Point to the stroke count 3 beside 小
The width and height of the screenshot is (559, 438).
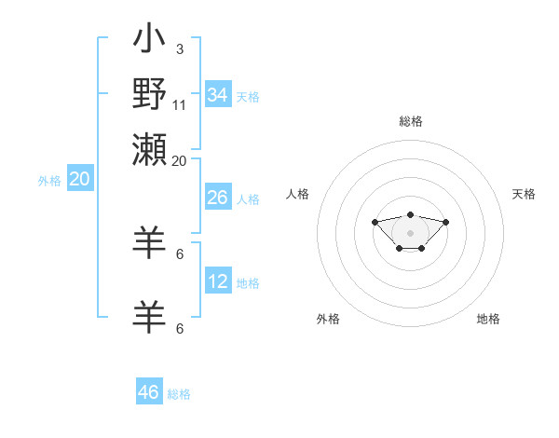tap(179, 48)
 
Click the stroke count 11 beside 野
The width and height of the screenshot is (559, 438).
tap(180, 104)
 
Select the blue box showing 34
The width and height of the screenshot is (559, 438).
tap(218, 95)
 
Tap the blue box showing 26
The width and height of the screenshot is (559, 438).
tap(218, 198)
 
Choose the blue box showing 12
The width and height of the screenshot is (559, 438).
tap(218, 281)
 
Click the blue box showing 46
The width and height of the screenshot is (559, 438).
tap(149, 392)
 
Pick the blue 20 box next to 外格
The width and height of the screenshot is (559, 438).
tap(79, 180)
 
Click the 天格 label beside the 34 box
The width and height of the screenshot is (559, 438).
tap(248, 97)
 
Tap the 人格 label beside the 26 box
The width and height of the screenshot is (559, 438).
tap(248, 199)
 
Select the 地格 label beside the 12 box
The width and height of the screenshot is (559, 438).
tap(248, 283)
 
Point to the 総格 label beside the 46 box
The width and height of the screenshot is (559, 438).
tap(179, 394)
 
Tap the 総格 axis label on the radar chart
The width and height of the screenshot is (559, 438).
tap(410, 121)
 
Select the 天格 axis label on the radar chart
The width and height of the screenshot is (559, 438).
tap(525, 194)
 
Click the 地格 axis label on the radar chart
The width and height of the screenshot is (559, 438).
tap(488, 319)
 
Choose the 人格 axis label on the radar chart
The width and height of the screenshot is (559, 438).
tap(298, 194)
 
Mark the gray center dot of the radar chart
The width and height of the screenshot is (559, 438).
tap(410, 232)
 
